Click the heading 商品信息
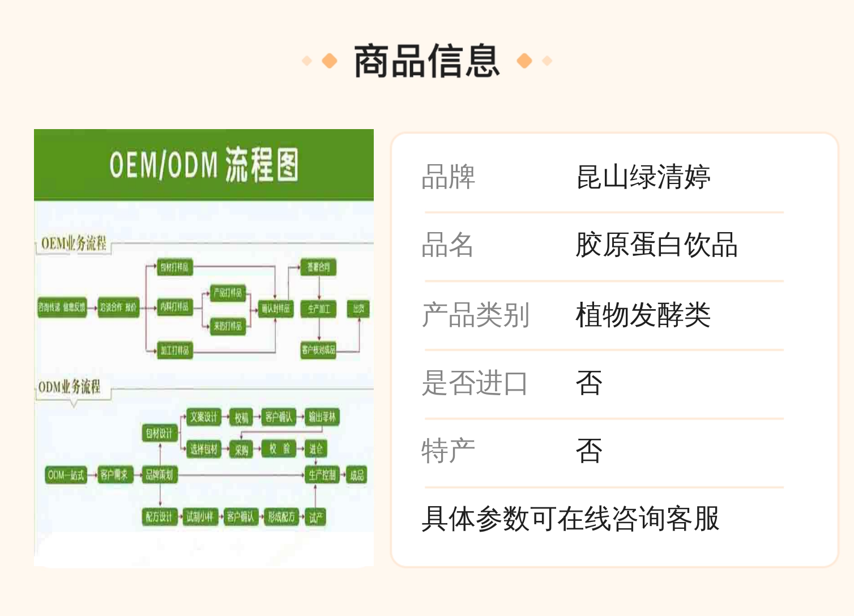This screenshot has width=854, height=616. point(426,61)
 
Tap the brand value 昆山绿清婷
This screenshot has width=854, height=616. point(643,177)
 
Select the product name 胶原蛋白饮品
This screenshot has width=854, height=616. point(656,245)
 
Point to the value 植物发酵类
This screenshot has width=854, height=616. point(643,315)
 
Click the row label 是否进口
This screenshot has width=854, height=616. point(475,383)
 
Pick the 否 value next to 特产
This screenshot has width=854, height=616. point(589,451)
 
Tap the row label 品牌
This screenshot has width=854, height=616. point(448,177)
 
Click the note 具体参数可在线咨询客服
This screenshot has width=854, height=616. point(570,519)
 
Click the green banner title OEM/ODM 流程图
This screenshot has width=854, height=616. point(204,165)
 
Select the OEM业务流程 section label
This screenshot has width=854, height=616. point(74,244)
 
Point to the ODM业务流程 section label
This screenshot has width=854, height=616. point(69,387)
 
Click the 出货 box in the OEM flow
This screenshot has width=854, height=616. point(358,309)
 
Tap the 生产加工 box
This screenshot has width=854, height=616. point(319,309)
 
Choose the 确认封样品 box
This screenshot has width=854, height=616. point(276,309)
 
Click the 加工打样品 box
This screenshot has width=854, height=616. point(174,350)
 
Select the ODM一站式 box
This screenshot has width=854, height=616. point(66,474)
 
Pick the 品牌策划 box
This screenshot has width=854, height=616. point(159,474)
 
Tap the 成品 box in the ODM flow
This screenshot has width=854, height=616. point(357,474)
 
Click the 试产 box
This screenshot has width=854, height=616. point(316,517)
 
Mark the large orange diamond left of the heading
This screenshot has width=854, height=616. point(329,61)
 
